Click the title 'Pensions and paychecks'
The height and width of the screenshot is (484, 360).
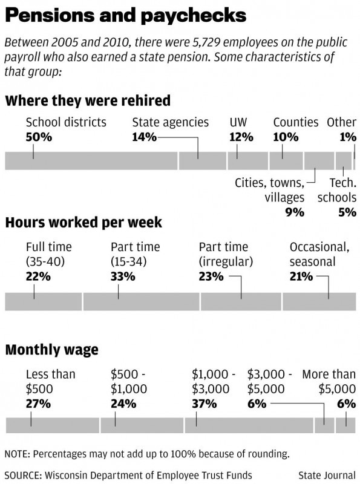click(126, 15)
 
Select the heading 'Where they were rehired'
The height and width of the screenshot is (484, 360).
click(88, 100)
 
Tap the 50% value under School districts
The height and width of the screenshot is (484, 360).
click(39, 137)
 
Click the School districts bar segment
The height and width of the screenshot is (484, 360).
click(91, 160)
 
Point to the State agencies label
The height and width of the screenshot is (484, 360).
click(171, 122)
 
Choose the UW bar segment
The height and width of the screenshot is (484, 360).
click(248, 160)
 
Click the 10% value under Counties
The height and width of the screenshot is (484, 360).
click(286, 137)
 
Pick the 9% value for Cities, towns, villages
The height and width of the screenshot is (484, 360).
click(295, 212)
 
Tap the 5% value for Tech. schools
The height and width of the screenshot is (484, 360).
click(347, 212)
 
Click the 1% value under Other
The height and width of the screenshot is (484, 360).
click(348, 137)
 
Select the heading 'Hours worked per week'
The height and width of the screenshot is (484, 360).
click(83, 222)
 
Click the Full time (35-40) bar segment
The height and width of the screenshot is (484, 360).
click(44, 301)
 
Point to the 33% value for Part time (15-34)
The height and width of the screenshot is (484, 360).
click(123, 276)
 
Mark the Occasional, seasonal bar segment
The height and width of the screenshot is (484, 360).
click(319, 301)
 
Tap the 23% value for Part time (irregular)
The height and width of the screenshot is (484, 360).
click(211, 276)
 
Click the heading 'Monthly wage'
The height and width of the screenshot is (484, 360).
click(52, 350)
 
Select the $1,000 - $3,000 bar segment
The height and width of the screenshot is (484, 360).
click(249, 425)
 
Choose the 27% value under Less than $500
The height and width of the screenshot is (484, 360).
click(38, 404)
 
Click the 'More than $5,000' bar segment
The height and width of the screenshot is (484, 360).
click(346, 425)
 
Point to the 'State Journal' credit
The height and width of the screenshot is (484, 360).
click(327, 475)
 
